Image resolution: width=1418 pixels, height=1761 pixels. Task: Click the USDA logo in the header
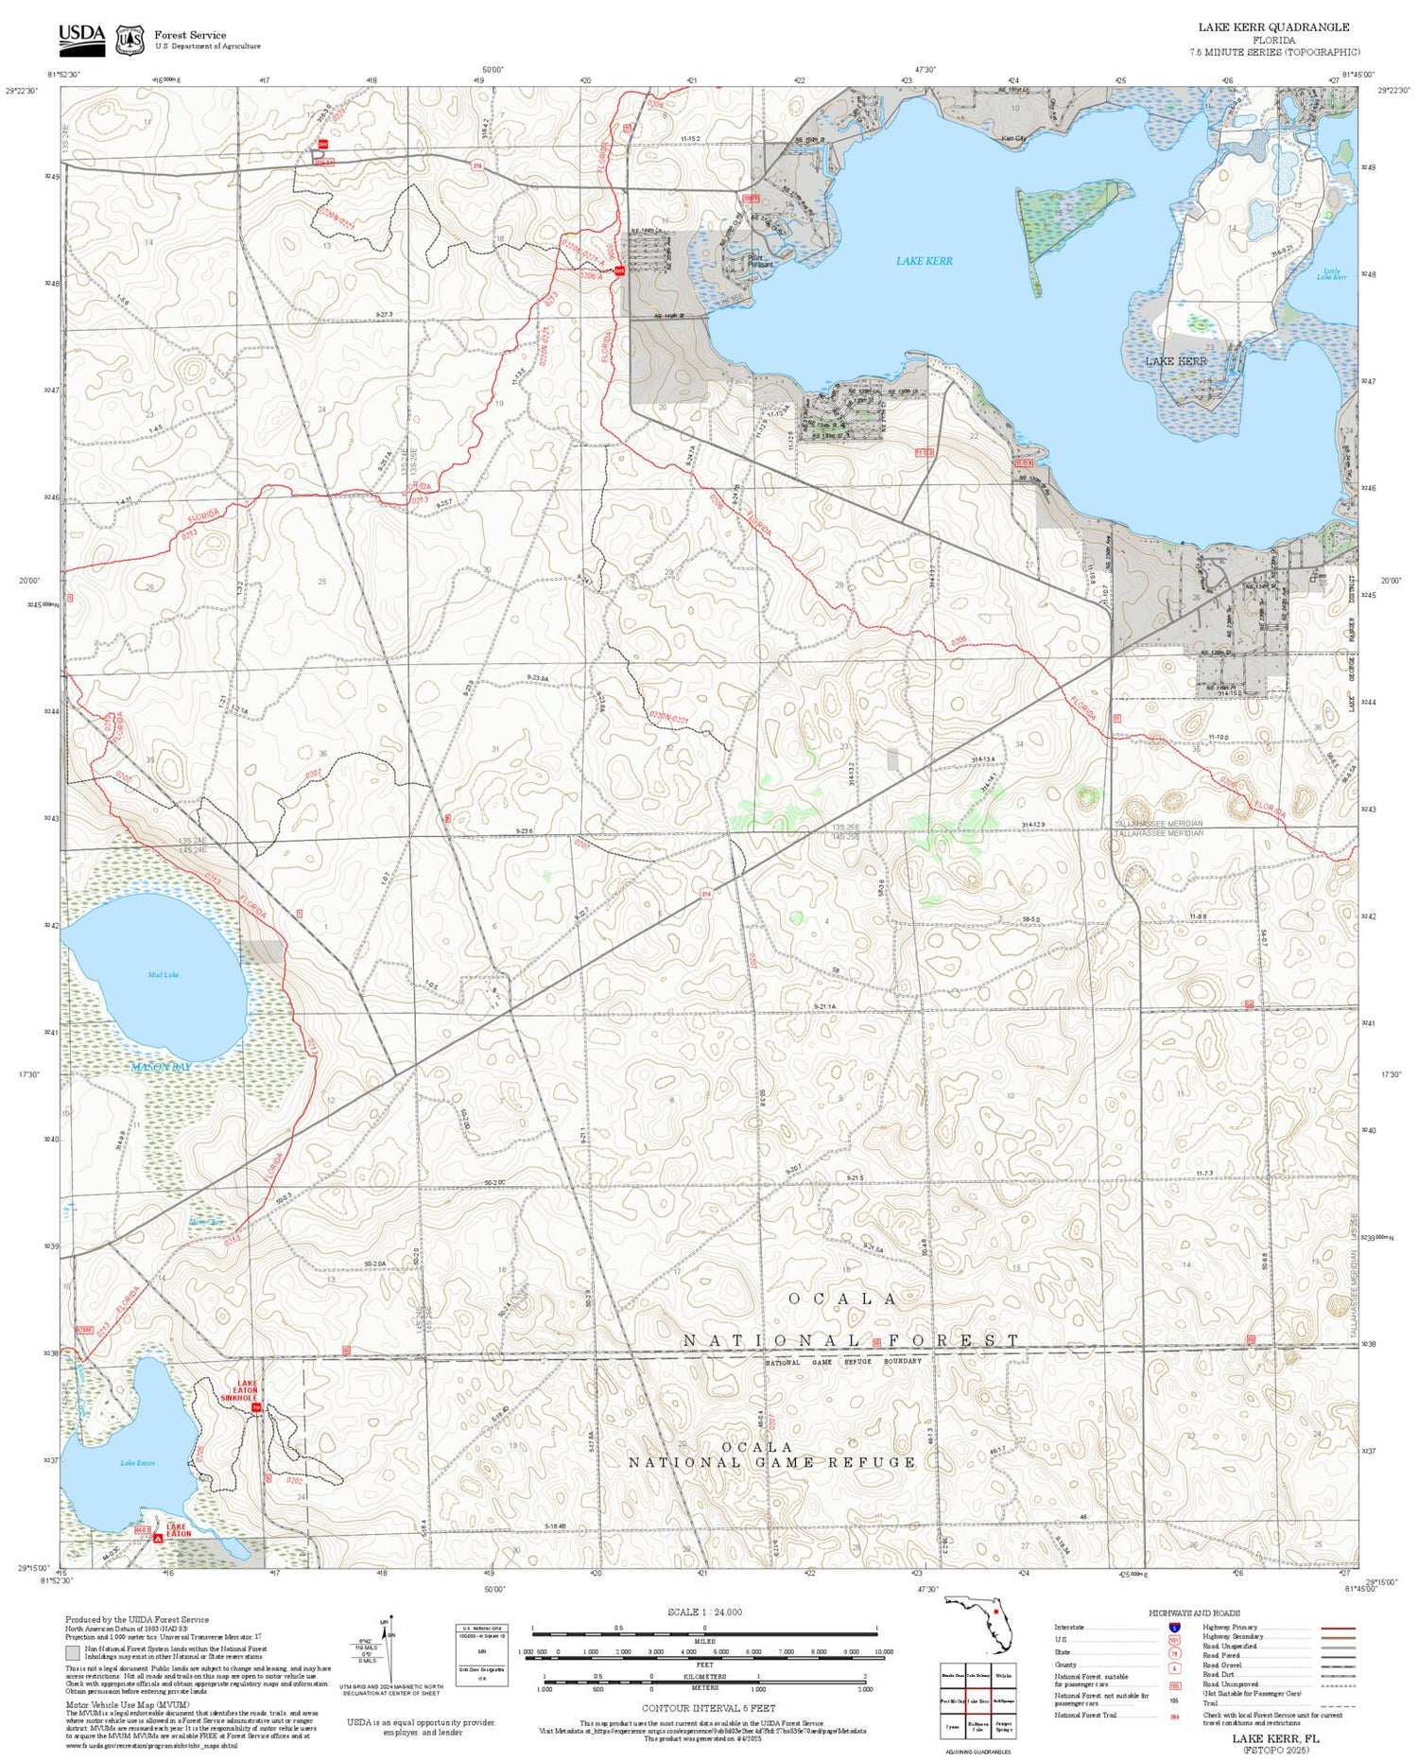pos(81,38)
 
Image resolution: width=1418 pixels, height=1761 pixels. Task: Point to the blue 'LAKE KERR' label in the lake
pos(924,261)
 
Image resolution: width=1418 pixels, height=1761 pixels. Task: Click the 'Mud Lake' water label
pos(163,974)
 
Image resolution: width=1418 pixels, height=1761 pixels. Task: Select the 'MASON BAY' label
pos(161,1067)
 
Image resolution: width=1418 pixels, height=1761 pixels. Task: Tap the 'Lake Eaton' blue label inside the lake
pos(137,1463)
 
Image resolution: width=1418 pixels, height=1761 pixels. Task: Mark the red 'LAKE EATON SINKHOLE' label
pos(238,1389)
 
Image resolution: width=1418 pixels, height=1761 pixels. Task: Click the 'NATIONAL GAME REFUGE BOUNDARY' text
pos(842,1362)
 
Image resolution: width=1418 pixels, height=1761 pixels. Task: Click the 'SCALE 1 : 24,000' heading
pos(704,1613)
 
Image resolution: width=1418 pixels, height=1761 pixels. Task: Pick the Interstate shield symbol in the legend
pos(1174,1627)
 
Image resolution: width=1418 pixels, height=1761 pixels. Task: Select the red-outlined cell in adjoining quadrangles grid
pos(977,1700)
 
